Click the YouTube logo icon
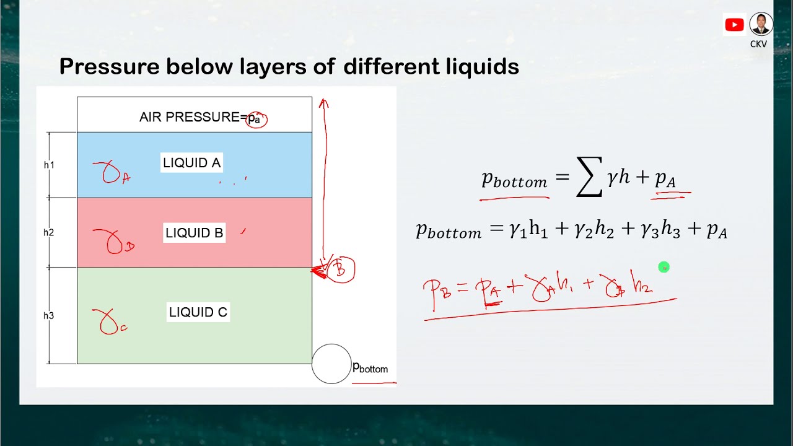pos(734,25)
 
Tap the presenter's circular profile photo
pos(761,24)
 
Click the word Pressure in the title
pos(108,66)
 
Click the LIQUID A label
pos(191,163)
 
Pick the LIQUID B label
pos(194,233)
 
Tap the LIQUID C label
pos(198,312)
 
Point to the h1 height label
pos(49,165)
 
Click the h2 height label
pos(49,232)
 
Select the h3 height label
pos(49,315)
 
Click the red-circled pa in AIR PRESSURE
pos(256,119)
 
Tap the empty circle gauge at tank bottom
pos(331,364)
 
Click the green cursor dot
pos(664,267)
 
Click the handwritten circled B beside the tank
pos(340,269)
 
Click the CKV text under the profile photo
pos(759,44)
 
